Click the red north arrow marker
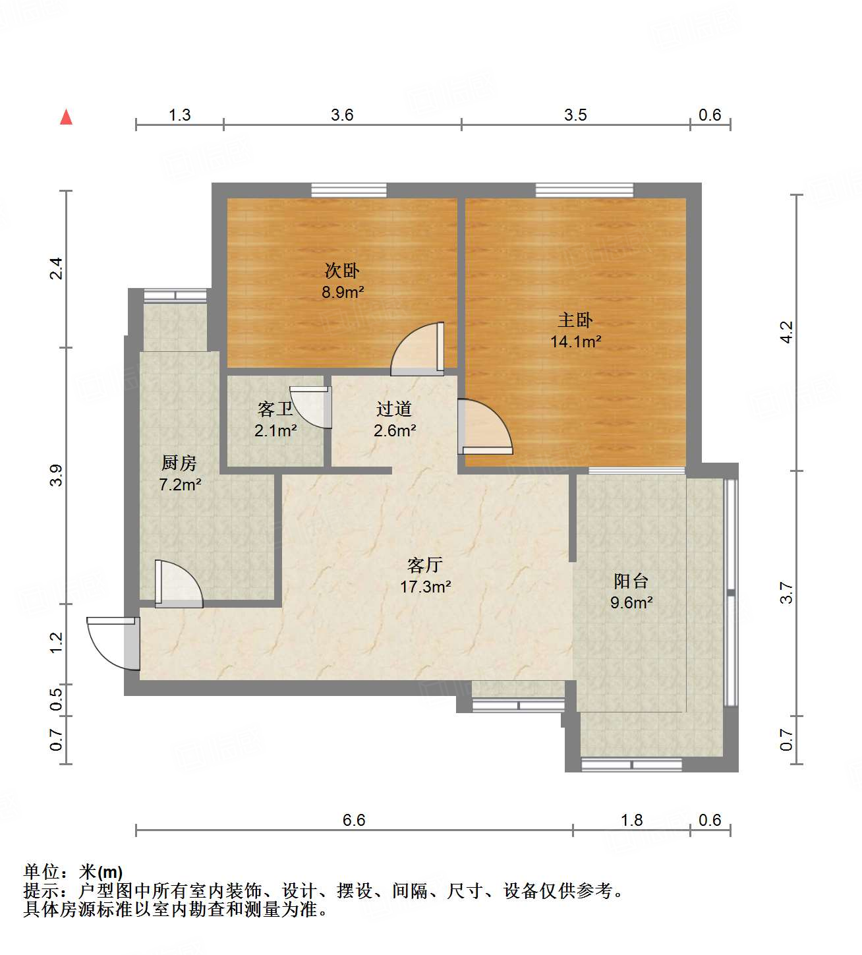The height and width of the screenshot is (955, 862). click(66, 117)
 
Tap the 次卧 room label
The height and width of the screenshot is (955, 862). click(342, 270)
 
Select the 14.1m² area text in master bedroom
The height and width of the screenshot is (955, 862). click(575, 341)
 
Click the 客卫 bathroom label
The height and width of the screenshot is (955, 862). click(275, 409)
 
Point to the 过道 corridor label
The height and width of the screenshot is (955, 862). click(394, 409)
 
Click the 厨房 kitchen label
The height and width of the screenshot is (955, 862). click(179, 463)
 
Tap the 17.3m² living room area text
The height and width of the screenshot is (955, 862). click(425, 587)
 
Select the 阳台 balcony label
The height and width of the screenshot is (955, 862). click(631, 581)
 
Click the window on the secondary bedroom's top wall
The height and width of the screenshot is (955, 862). click(349, 190)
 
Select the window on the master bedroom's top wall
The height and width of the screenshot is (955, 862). click(584, 190)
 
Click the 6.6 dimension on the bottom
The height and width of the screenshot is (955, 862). click(354, 820)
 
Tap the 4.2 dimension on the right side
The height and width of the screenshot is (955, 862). click(786, 332)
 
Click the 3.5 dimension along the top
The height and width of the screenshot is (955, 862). click(575, 115)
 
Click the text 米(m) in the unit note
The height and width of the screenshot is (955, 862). click(101, 872)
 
